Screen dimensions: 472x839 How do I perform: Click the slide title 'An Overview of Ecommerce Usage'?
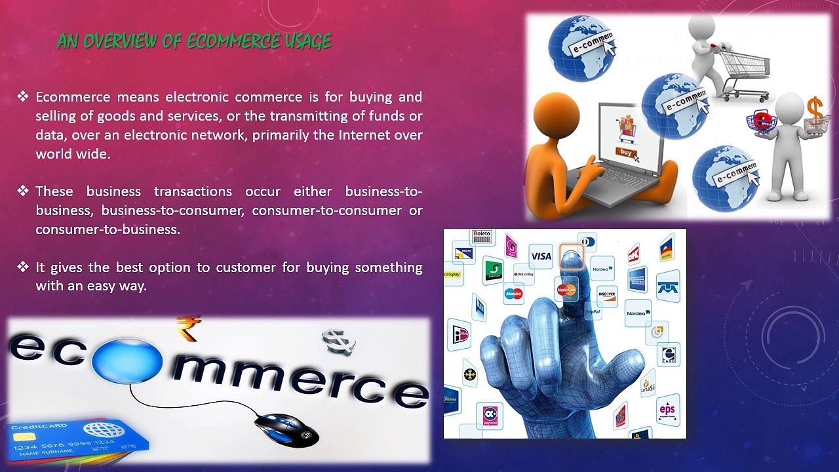(x=194, y=42)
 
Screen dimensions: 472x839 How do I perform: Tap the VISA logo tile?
(x=541, y=256)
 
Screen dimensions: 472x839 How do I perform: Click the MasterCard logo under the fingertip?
(x=566, y=289)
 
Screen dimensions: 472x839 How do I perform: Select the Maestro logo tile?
(x=514, y=294)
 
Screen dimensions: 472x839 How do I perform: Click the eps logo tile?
(x=667, y=410)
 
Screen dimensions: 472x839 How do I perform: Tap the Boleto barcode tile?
(x=482, y=237)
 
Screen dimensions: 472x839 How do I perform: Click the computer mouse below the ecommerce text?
(x=286, y=430)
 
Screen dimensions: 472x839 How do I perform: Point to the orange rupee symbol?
(x=188, y=328)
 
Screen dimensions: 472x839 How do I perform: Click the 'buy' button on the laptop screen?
(x=627, y=152)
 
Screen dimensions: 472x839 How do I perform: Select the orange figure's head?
(x=556, y=114)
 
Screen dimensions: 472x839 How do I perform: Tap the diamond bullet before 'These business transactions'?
(x=24, y=191)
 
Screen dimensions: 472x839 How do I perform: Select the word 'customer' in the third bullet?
(x=247, y=267)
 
